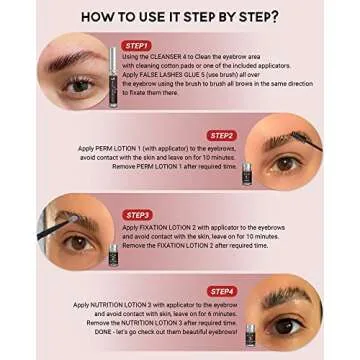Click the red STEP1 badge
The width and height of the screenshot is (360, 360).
[x=136, y=45]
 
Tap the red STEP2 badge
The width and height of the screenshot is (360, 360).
[x=222, y=135]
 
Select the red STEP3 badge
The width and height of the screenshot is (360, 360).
[x=138, y=214]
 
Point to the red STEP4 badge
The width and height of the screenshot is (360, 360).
[x=222, y=291]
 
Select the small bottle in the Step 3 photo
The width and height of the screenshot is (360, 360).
[x=114, y=254]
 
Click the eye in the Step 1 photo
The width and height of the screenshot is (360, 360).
[x=78, y=86]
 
